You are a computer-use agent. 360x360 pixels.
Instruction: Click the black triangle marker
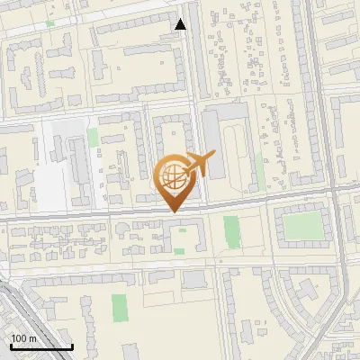[181, 24]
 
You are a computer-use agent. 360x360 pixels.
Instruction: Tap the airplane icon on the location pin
[198, 164]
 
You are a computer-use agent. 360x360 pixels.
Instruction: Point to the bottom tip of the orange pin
[173, 211]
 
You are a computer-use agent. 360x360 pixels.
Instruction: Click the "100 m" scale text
[23, 337]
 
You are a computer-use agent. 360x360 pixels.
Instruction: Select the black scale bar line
[41, 346]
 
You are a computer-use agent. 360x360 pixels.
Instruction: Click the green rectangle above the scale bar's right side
[120, 308]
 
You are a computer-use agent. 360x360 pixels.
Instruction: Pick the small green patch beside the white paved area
[93, 137]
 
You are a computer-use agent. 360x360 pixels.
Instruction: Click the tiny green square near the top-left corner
[49, 22]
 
